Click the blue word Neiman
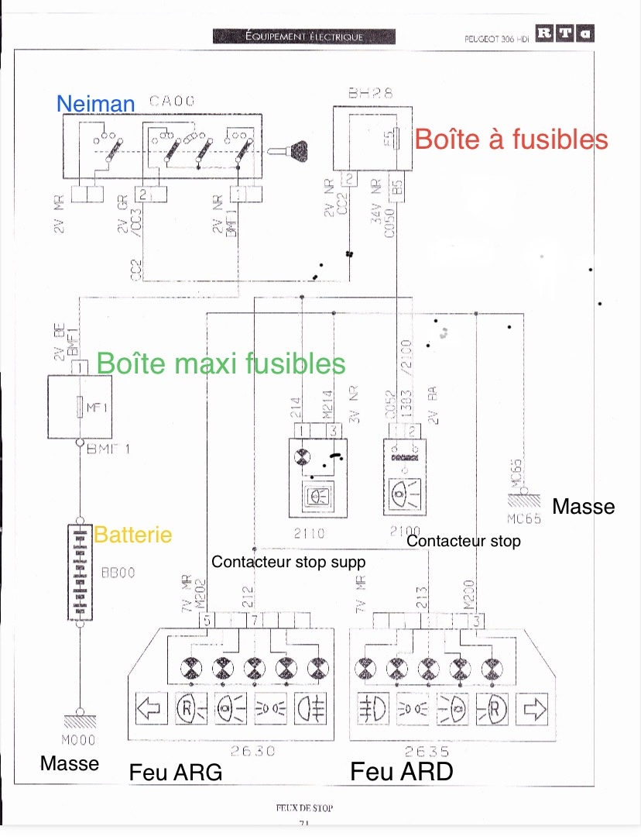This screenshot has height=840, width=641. (x=96, y=103)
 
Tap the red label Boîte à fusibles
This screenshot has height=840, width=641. (x=511, y=139)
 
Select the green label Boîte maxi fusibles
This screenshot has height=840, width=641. (x=221, y=363)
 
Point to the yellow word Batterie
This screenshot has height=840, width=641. (x=132, y=534)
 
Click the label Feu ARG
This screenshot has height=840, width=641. (x=176, y=773)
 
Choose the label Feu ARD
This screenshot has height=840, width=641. (x=401, y=772)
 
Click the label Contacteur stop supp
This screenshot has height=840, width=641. (x=287, y=562)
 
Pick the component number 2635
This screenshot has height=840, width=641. (x=426, y=750)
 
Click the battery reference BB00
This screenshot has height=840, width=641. (x=118, y=574)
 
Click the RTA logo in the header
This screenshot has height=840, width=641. (x=565, y=34)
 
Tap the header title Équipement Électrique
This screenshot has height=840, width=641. (x=303, y=36)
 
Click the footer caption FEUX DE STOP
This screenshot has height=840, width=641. (x=303, y=807)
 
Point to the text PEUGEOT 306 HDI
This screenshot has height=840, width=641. (x=495, y=37)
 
